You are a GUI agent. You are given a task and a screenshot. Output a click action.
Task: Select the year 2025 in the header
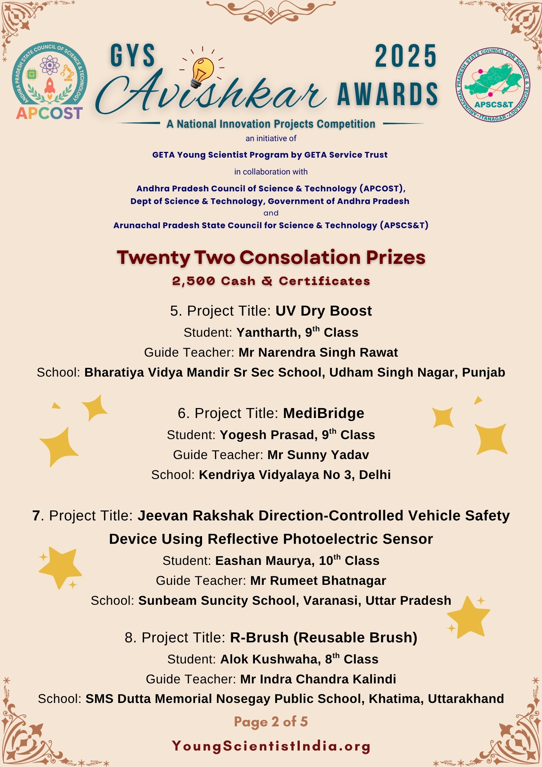pos(406,56)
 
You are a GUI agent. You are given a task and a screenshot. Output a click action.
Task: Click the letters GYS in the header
pos(133,56)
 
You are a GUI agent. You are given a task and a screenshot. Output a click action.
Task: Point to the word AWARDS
pos(388,94)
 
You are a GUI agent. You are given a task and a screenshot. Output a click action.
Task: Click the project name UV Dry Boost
pos(324,311)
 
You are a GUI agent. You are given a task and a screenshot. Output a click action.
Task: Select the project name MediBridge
pos(324,413)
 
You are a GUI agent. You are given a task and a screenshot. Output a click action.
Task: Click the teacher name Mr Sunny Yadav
pos(318,455)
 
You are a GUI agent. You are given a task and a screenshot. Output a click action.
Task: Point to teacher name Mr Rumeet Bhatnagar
pos(318,581)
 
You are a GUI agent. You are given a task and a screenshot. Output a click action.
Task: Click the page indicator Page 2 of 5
pos(271,722)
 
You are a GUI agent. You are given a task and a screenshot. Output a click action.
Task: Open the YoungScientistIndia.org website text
pos(271,746)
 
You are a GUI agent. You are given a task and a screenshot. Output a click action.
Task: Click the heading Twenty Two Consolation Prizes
pos(271,257)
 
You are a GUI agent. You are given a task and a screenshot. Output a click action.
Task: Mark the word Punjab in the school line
pos(483,373)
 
